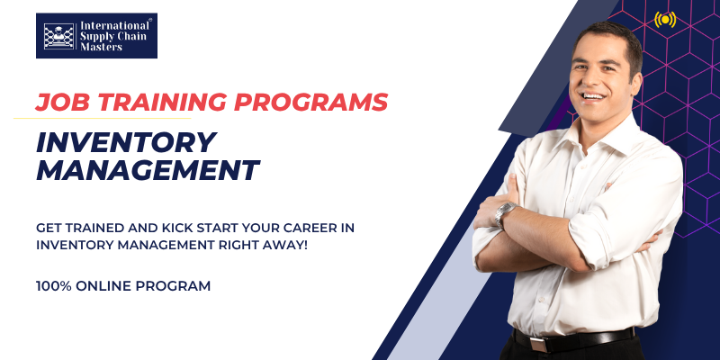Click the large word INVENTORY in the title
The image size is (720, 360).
126,142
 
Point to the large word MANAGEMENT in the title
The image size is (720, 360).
148,170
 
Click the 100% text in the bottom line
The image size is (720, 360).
54,286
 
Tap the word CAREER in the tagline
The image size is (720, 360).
300,229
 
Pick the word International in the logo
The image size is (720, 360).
114,26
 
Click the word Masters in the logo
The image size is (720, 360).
102,47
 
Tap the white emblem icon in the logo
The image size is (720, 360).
58,36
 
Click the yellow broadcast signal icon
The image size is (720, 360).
665,20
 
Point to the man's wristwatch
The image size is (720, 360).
504,213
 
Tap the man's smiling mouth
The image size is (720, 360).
592,97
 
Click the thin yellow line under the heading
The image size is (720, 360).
102,119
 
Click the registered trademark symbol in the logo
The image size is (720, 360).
150,20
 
